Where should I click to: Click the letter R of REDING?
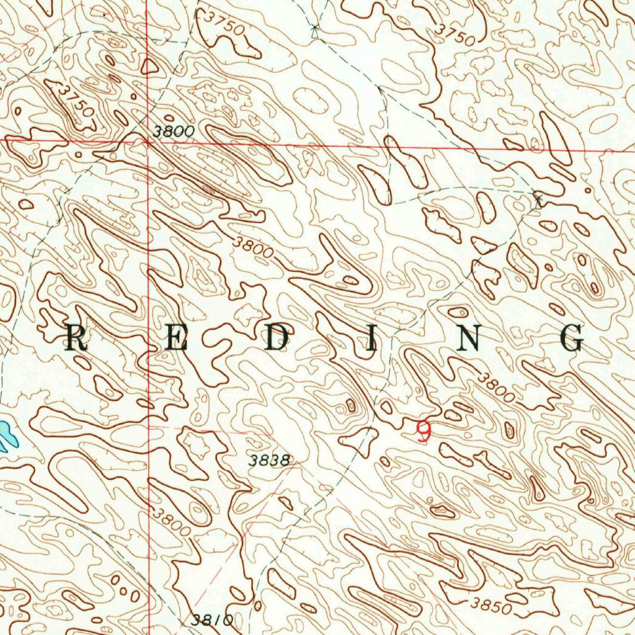(x=76, y=339)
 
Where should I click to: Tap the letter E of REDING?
(x=176, y=339)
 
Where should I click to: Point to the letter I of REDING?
(x=370, y=339)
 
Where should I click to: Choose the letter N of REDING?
(x=471, y=339)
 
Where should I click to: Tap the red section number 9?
(x=424, y=431)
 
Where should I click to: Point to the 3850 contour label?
(x=491, y=605)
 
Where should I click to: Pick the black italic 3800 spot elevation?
(x=174, y=131)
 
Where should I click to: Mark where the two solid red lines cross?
(x=148, y=142)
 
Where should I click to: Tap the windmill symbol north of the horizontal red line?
(x=316, y=28)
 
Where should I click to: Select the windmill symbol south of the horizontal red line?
(x=538, y=199)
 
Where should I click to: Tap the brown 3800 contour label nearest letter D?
(x=254, y=248)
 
